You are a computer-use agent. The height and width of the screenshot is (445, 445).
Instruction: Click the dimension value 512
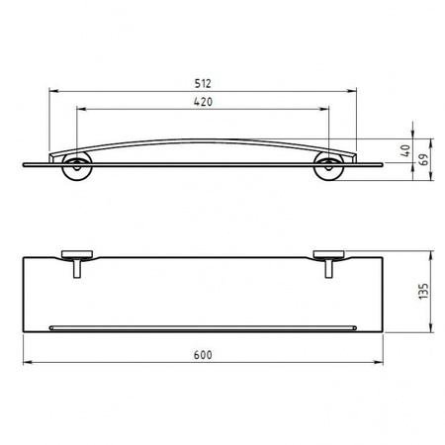tap(204, 84)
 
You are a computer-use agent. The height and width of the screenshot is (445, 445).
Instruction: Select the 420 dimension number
tap(204, 102)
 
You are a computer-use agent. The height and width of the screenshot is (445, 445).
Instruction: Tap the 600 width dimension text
tap(204, 353)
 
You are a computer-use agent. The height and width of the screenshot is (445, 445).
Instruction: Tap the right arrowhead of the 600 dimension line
tap(382, 362)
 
